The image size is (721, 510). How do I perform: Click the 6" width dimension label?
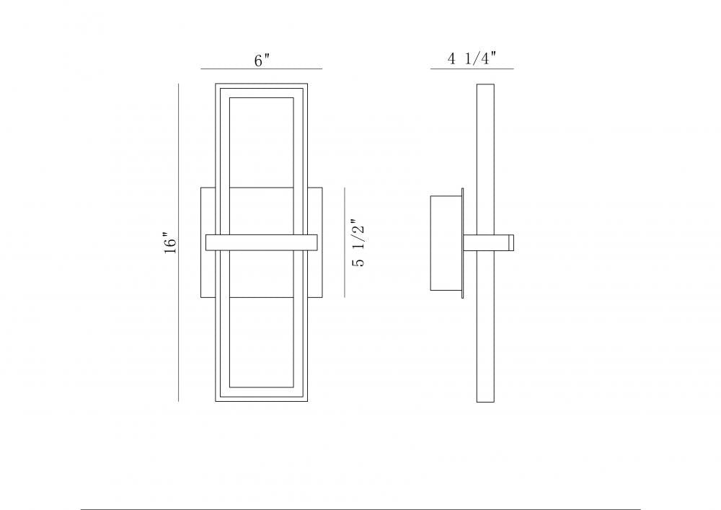[262, 61]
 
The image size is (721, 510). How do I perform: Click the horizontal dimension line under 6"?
[261, 69]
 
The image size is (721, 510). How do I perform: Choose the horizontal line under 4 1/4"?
[472, 69]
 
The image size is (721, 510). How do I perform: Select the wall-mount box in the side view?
[446, 243]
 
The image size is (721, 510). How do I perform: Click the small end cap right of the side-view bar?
[510, 243]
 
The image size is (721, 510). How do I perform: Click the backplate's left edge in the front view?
[201, 243]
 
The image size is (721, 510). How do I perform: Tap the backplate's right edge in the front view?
[322, 243]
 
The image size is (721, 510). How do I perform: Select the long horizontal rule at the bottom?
[360, 509]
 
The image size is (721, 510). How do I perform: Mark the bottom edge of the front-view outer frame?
[262, 400]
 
